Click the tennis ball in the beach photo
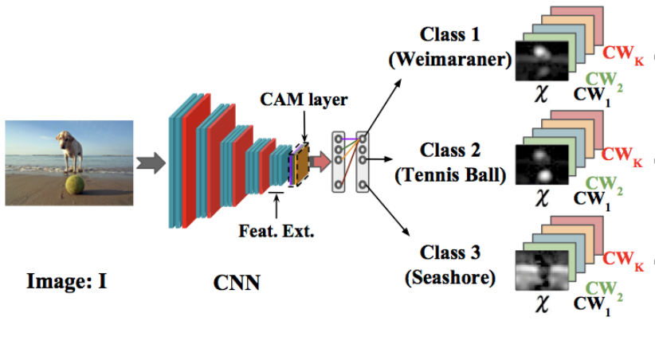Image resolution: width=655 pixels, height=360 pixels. click(x=75, y=186)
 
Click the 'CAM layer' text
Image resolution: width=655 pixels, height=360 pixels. click(x=302, y=102)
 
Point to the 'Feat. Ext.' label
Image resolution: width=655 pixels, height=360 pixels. click(x=277, y=233)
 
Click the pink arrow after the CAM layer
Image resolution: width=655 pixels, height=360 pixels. click(x=320, y=162)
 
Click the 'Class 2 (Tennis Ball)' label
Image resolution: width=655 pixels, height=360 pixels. click(x=451, y=164)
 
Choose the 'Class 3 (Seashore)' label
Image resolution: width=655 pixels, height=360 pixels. click(x=451, y=265)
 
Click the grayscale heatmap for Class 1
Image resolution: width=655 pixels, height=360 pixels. click(x=543, y=61)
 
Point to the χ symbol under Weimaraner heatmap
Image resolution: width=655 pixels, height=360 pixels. click(x=542, y=93)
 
